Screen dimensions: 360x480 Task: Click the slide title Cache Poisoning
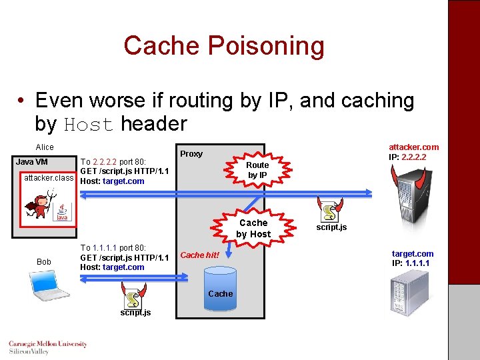(x=223, y=46)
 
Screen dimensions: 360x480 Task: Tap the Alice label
(x=45, y=147)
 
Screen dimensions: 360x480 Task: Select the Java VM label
(x=32, y=162)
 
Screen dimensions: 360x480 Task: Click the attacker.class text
(x=49, y=178)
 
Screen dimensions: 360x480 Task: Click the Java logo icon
(x=62, y=213)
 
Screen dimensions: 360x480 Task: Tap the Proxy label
(x=191, y=154)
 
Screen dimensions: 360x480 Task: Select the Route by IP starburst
(x=257, y=170)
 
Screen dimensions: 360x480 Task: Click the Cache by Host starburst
(x=253, y=228)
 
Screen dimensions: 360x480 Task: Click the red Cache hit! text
(x=199, y=255)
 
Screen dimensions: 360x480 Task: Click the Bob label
(x=44, y=262)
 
